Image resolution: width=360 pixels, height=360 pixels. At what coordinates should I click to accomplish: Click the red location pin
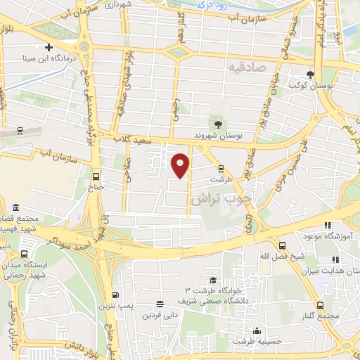click(181, 165)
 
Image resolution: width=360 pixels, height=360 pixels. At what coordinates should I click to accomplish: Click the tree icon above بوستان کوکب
click(311, 74)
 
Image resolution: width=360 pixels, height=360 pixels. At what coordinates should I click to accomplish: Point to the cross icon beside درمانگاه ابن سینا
click(49, 48)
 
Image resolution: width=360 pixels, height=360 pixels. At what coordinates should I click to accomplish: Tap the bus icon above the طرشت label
click(221, 168)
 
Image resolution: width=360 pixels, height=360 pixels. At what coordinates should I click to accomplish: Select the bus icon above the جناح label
click(96, 177)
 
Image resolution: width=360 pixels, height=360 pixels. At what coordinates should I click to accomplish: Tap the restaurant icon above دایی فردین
click(160, 304)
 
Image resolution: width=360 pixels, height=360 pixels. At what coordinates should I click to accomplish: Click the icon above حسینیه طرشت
click(258, 331)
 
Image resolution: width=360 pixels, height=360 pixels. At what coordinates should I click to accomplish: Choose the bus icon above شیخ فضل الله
click(282, 245)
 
